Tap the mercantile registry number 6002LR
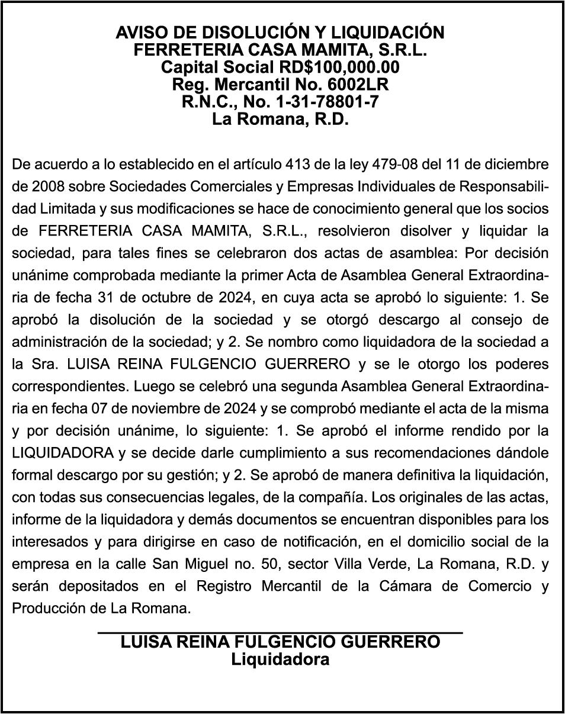click(x=359, y=84)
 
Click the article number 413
click(x=297, y=164)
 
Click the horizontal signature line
click(x=280, y=633)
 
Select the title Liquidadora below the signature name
click(x=280, y=659)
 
